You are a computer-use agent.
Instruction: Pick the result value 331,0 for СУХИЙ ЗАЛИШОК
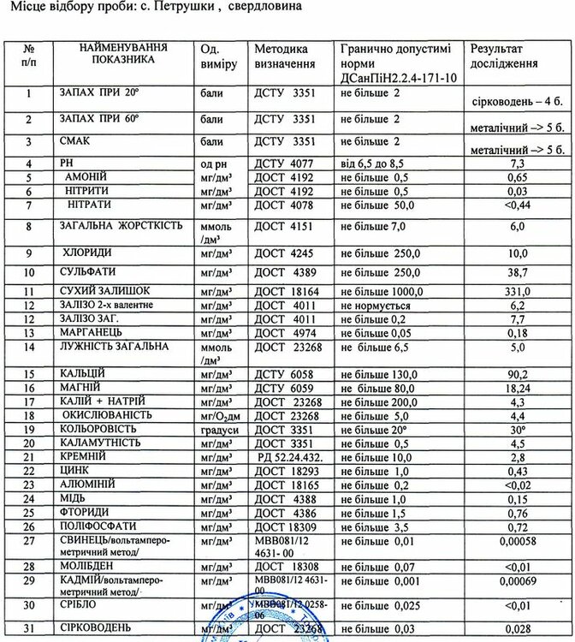coord(517,292)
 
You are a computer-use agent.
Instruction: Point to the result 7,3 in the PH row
coord(517,163)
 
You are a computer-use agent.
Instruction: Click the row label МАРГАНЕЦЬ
coord(94,332)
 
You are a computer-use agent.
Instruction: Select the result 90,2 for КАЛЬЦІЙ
coord(517,374)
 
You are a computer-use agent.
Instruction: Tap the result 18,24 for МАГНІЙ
coord(517,388)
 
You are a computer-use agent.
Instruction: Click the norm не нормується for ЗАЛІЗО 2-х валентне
coord(376,306)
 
